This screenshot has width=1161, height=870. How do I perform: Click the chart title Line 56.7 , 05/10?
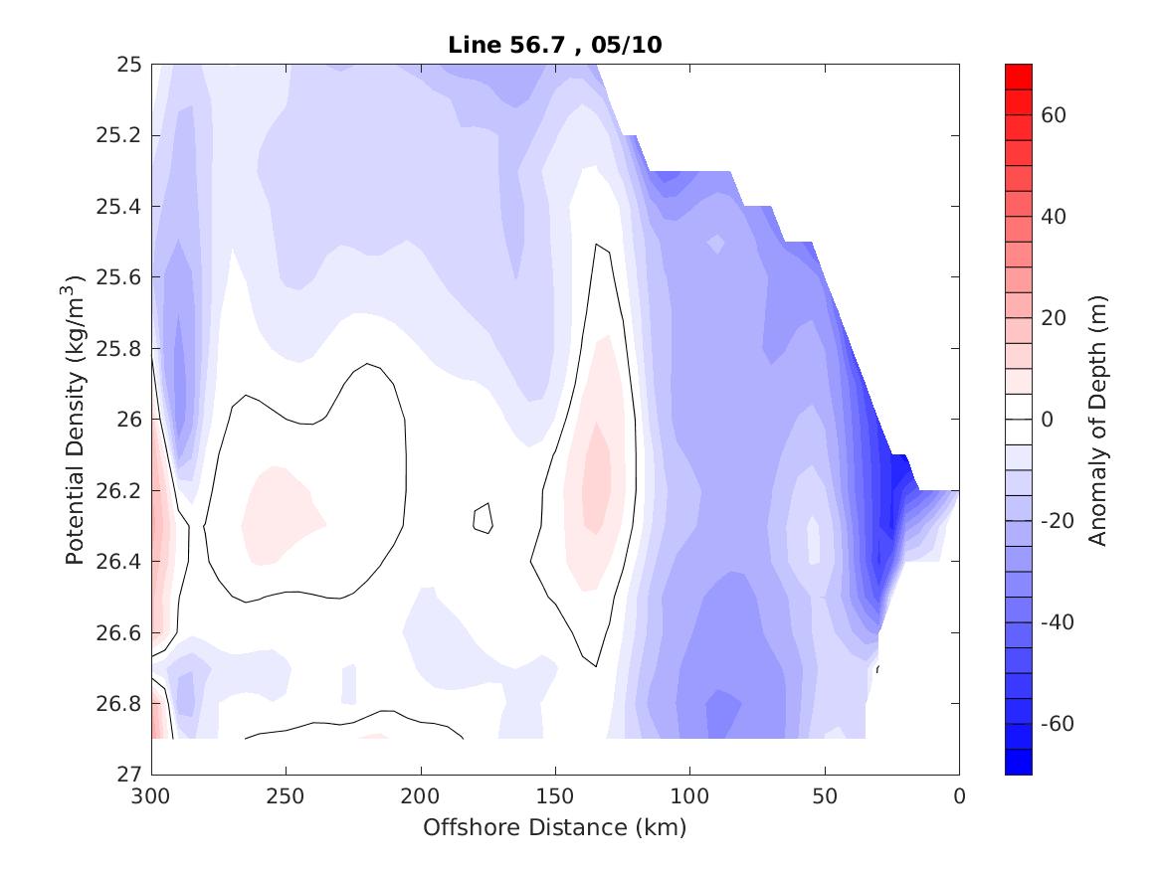(554, 44)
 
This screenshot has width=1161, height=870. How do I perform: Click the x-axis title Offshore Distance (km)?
(554, 827)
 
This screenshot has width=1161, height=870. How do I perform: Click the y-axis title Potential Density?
(75, 418)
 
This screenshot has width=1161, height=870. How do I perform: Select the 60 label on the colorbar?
(1055, 115)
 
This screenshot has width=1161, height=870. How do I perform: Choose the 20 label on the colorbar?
(1055, 318)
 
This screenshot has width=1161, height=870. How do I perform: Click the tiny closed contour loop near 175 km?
(483, 518)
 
